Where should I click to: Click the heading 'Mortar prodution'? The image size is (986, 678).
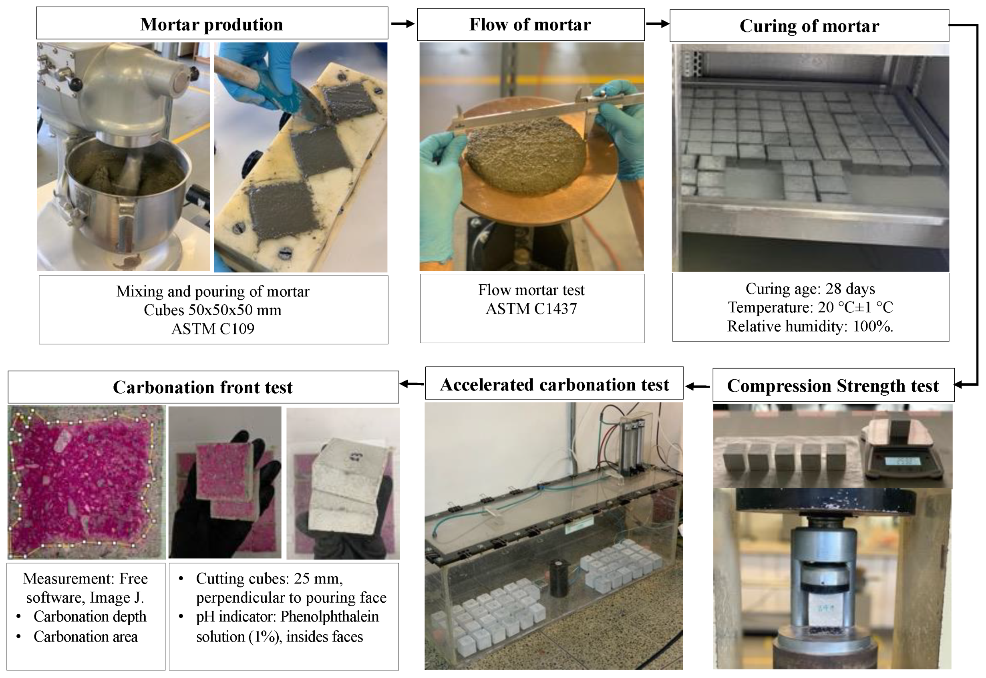[211, 24]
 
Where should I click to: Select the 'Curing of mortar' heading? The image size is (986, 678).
[809, 26]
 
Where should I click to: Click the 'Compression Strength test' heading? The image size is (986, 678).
[833, 386]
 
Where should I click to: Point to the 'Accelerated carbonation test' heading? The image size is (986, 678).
[554, 384]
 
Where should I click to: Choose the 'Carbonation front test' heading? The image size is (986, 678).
[203, 387]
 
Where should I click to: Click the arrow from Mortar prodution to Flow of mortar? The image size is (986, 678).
[402, 24]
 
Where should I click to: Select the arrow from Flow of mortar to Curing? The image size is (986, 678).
[657, 24]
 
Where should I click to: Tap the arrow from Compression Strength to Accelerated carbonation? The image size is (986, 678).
[698, 386]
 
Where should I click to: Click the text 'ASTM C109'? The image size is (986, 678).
[213, 329]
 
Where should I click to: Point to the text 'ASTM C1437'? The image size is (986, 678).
[531, 309]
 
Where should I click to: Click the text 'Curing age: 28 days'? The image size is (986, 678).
[810, 289]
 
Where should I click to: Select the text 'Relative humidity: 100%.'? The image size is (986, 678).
[810, 326]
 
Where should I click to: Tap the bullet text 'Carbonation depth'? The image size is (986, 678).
[90, 616]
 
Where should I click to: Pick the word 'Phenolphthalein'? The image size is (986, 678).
[329, 616]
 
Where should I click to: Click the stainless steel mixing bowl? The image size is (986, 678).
[127, 191]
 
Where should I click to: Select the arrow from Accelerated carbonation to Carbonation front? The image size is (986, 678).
[412, 384]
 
